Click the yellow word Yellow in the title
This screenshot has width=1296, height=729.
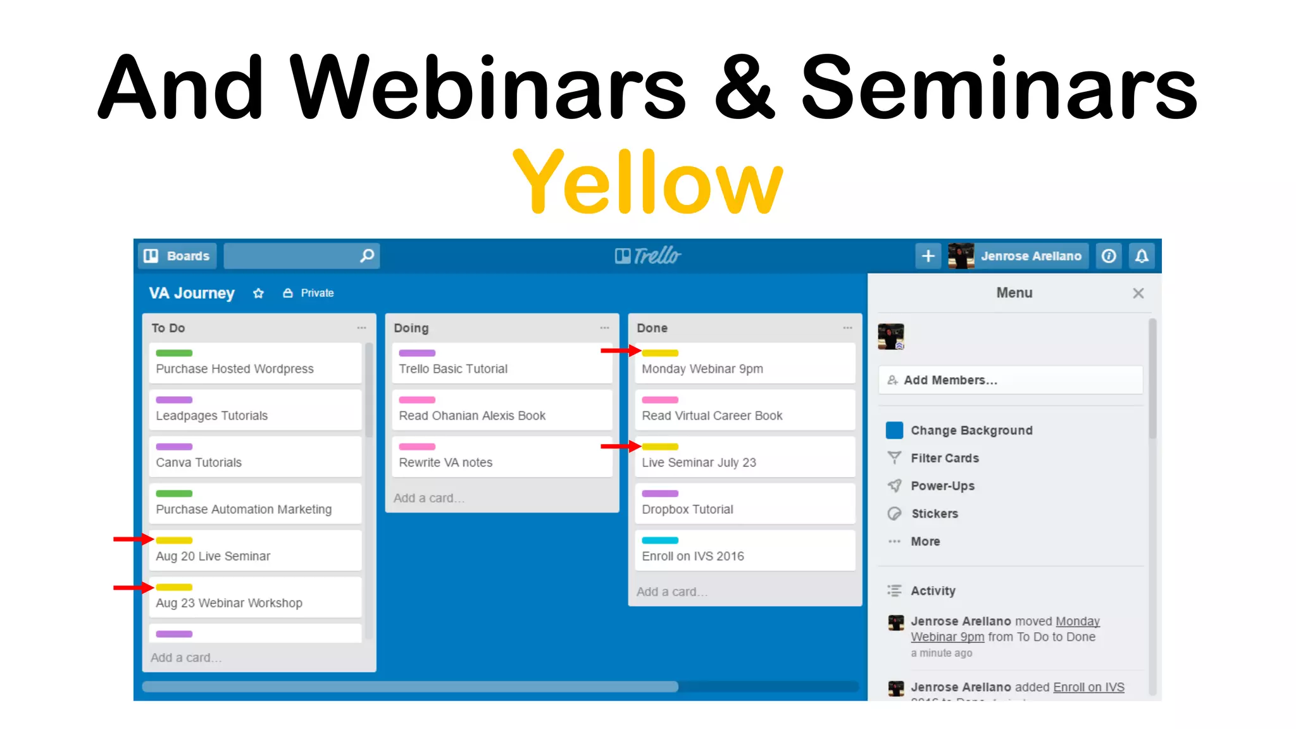(647, 182)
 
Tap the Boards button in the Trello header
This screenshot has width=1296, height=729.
(177, 256)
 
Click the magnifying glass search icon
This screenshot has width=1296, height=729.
(367, 256)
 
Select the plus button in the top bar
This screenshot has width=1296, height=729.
(928, 256)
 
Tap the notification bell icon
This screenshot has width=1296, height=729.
(1142, 256)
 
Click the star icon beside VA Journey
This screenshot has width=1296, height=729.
(258, 293)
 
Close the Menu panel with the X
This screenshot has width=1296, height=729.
(1138, 293)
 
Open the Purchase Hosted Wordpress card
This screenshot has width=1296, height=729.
(235, 369)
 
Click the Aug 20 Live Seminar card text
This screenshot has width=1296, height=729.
(213, 556)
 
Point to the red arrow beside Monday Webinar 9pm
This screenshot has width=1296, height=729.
(620, 350)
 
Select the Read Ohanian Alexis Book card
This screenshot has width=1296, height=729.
(472, 416)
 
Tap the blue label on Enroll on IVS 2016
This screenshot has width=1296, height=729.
(660, 540)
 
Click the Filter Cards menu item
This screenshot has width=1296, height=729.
(944, 458)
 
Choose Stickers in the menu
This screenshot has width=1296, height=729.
(934, 514)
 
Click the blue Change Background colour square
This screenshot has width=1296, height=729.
(894, 430)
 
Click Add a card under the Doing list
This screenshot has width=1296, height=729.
(428, 498)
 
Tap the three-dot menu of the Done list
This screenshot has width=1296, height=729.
(847, 328)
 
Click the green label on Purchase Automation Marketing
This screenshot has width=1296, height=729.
(174, 494)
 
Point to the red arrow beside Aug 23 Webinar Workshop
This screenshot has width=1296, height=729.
(133, 588)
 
